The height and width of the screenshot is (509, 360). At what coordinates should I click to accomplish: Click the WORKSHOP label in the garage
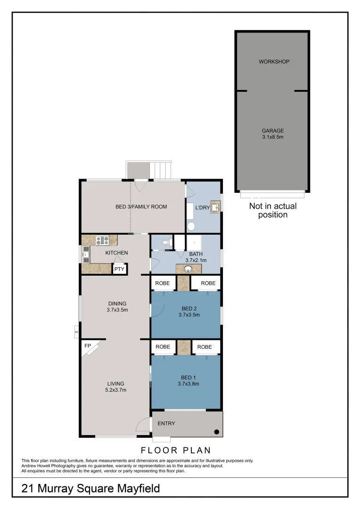274,62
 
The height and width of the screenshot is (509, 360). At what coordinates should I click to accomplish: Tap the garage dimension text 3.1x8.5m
273,137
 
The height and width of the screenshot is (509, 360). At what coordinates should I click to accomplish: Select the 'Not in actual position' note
273,210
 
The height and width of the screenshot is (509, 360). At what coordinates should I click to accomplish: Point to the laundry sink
216,207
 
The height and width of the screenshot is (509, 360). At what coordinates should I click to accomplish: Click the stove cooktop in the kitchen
102,240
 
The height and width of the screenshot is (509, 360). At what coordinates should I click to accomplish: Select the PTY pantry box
119,269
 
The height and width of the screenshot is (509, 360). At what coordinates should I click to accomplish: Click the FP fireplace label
87,346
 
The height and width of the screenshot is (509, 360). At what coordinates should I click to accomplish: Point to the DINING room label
117,304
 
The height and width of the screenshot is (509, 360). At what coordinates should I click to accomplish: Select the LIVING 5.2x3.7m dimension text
116,390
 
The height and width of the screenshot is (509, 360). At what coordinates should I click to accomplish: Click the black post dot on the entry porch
216,432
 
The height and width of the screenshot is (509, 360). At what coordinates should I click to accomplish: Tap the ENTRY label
166,423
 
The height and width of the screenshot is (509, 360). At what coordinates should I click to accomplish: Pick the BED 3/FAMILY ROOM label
141,206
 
